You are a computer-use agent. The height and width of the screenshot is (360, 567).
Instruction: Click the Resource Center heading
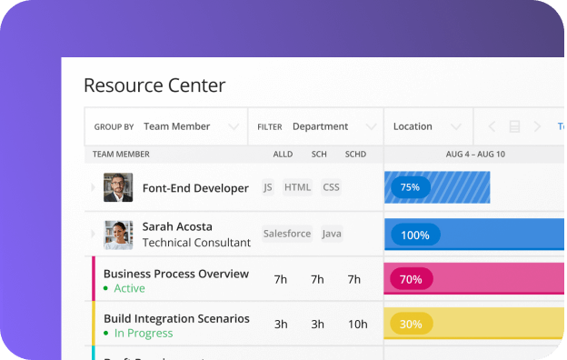(154, 86)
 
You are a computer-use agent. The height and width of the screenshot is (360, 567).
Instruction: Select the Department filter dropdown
(316, 126)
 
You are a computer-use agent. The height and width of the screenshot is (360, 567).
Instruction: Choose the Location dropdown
(428, 126)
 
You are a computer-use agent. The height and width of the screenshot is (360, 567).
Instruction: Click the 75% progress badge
(410, 187)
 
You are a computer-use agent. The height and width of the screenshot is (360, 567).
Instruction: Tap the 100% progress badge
(415, 235)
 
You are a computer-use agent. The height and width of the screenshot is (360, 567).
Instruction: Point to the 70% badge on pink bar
(411, 279)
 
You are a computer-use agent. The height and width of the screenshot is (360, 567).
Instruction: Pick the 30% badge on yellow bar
(411, 324)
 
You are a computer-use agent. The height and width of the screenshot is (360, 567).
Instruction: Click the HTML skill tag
(297, 187)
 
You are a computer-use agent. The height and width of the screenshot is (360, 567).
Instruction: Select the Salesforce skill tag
(287, 234)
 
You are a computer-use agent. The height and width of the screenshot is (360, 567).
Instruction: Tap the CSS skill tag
(331, 187)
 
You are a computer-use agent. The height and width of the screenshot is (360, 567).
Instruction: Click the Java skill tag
(332, 234)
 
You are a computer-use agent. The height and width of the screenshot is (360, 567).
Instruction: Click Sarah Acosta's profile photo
(118, 235)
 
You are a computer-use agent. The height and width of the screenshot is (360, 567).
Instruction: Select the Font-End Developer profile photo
(118, 187)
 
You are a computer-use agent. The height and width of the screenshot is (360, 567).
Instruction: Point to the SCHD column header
(355, 155)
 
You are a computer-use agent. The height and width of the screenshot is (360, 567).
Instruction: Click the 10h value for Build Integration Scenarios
(358, 324)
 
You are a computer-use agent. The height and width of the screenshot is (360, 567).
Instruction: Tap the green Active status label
(129, 288)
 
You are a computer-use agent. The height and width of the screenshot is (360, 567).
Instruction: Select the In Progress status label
(143, 333)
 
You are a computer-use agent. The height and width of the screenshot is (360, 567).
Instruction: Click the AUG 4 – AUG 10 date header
(474, 155)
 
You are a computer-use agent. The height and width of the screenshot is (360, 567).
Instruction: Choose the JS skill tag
(268, 187)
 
